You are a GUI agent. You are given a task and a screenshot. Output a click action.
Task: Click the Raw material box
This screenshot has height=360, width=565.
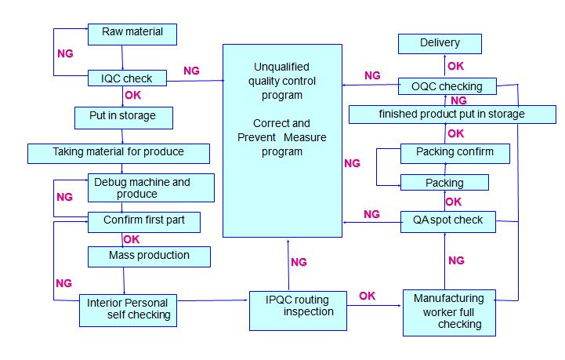(x=132, y=34)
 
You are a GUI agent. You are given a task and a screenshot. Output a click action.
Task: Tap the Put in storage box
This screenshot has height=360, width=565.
(x=124, y=117)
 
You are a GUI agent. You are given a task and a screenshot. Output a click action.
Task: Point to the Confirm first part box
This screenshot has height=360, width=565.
(x=143, y=221)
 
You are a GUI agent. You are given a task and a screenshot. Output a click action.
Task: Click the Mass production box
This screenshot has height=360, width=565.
(x=149, y=255)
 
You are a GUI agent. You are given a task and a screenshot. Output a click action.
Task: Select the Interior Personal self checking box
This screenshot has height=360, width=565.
(x=129, y=310)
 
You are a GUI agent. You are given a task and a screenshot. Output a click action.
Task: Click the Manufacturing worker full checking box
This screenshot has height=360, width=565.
(x=449, y=312)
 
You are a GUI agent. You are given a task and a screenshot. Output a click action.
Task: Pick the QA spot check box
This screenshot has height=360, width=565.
(x=447, y=220)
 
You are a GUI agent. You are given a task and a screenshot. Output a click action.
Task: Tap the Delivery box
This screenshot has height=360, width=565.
(x=439, y=43)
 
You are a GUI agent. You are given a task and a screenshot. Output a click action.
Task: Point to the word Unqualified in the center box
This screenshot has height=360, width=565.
(x=282, y=67)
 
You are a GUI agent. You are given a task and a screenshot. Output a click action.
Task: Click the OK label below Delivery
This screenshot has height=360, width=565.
(x=455, y=66)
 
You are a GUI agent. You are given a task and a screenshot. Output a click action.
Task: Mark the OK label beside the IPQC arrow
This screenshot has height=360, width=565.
(x=367, y=296)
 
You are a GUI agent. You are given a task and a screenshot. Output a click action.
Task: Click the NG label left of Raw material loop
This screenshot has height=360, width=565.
(x=66, y=54)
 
